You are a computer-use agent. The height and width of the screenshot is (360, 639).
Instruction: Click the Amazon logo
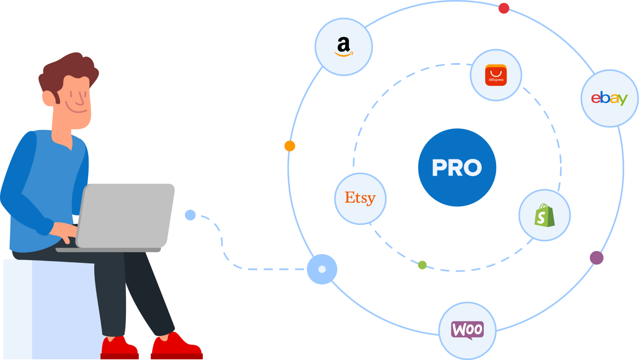[344, 46]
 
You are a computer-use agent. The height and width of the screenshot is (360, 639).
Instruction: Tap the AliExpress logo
[496, 75]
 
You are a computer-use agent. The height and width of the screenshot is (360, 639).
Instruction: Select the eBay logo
[609, 99]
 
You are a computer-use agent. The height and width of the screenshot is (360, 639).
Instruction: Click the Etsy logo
[360, 198]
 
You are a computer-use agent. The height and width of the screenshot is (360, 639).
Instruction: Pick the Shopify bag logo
[544, 215]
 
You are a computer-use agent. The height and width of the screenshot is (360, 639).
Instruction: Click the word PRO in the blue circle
[457, 168]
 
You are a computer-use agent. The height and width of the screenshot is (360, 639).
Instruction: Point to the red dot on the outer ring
[504, 8]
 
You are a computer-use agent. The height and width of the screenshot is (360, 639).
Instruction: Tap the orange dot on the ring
[290, 146]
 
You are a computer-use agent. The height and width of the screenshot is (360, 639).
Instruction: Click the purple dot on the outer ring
[596, 258]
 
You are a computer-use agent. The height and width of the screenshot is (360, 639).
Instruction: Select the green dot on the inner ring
[422, 265]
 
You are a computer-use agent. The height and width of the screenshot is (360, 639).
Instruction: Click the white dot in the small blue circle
[322, 269]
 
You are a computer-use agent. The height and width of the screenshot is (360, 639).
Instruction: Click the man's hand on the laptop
[64, 232]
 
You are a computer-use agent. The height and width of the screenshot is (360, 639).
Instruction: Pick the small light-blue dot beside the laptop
[191, 215]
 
